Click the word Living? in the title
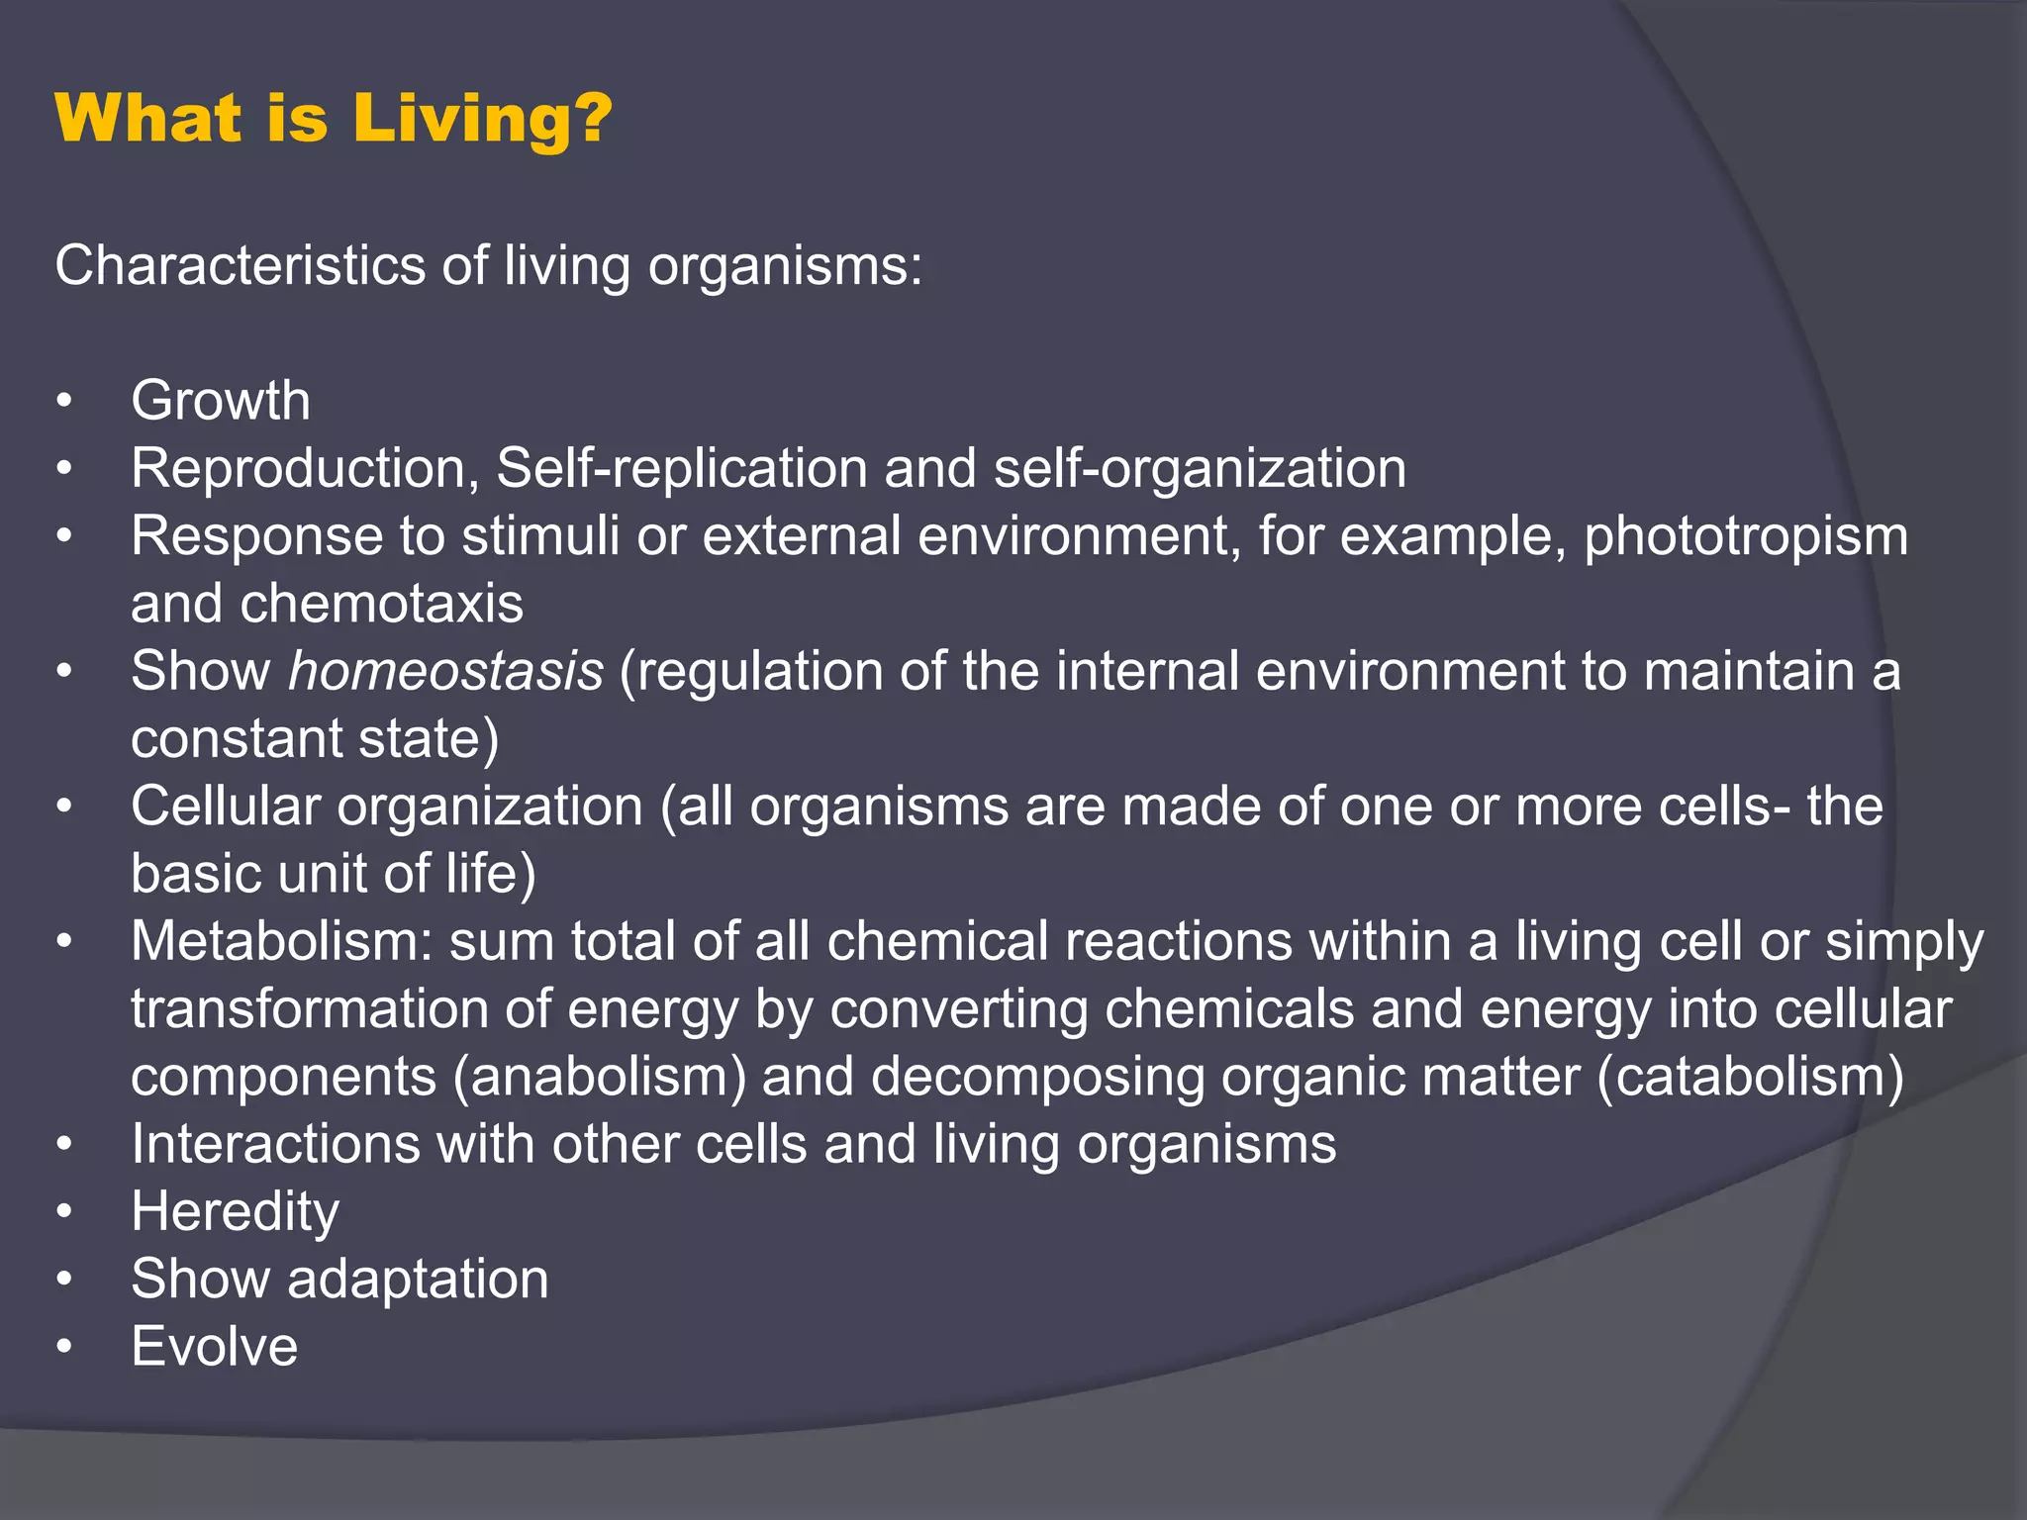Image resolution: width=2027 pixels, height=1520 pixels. (482, 119)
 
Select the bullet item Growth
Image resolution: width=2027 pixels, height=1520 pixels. (221, 401)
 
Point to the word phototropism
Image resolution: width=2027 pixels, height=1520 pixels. (1745, 536)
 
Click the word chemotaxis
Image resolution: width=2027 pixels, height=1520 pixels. (381, 604)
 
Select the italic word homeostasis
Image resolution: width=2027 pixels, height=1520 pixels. (445, 671)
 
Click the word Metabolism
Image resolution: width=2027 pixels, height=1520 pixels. (281, 941)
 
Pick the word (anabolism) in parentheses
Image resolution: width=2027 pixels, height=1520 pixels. (599, 1077)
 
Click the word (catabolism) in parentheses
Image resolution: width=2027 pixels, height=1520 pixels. (1750, 1077)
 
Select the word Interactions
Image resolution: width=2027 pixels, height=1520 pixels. (276, 1144)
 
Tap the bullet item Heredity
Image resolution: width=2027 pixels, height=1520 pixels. (236, 1212)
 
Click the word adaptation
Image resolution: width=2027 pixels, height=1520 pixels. (418, 1280)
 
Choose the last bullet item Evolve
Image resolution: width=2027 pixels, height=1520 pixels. (215, 1347)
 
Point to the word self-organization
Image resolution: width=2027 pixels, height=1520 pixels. (1200, 468)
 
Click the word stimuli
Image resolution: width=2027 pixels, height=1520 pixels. (540, 536)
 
